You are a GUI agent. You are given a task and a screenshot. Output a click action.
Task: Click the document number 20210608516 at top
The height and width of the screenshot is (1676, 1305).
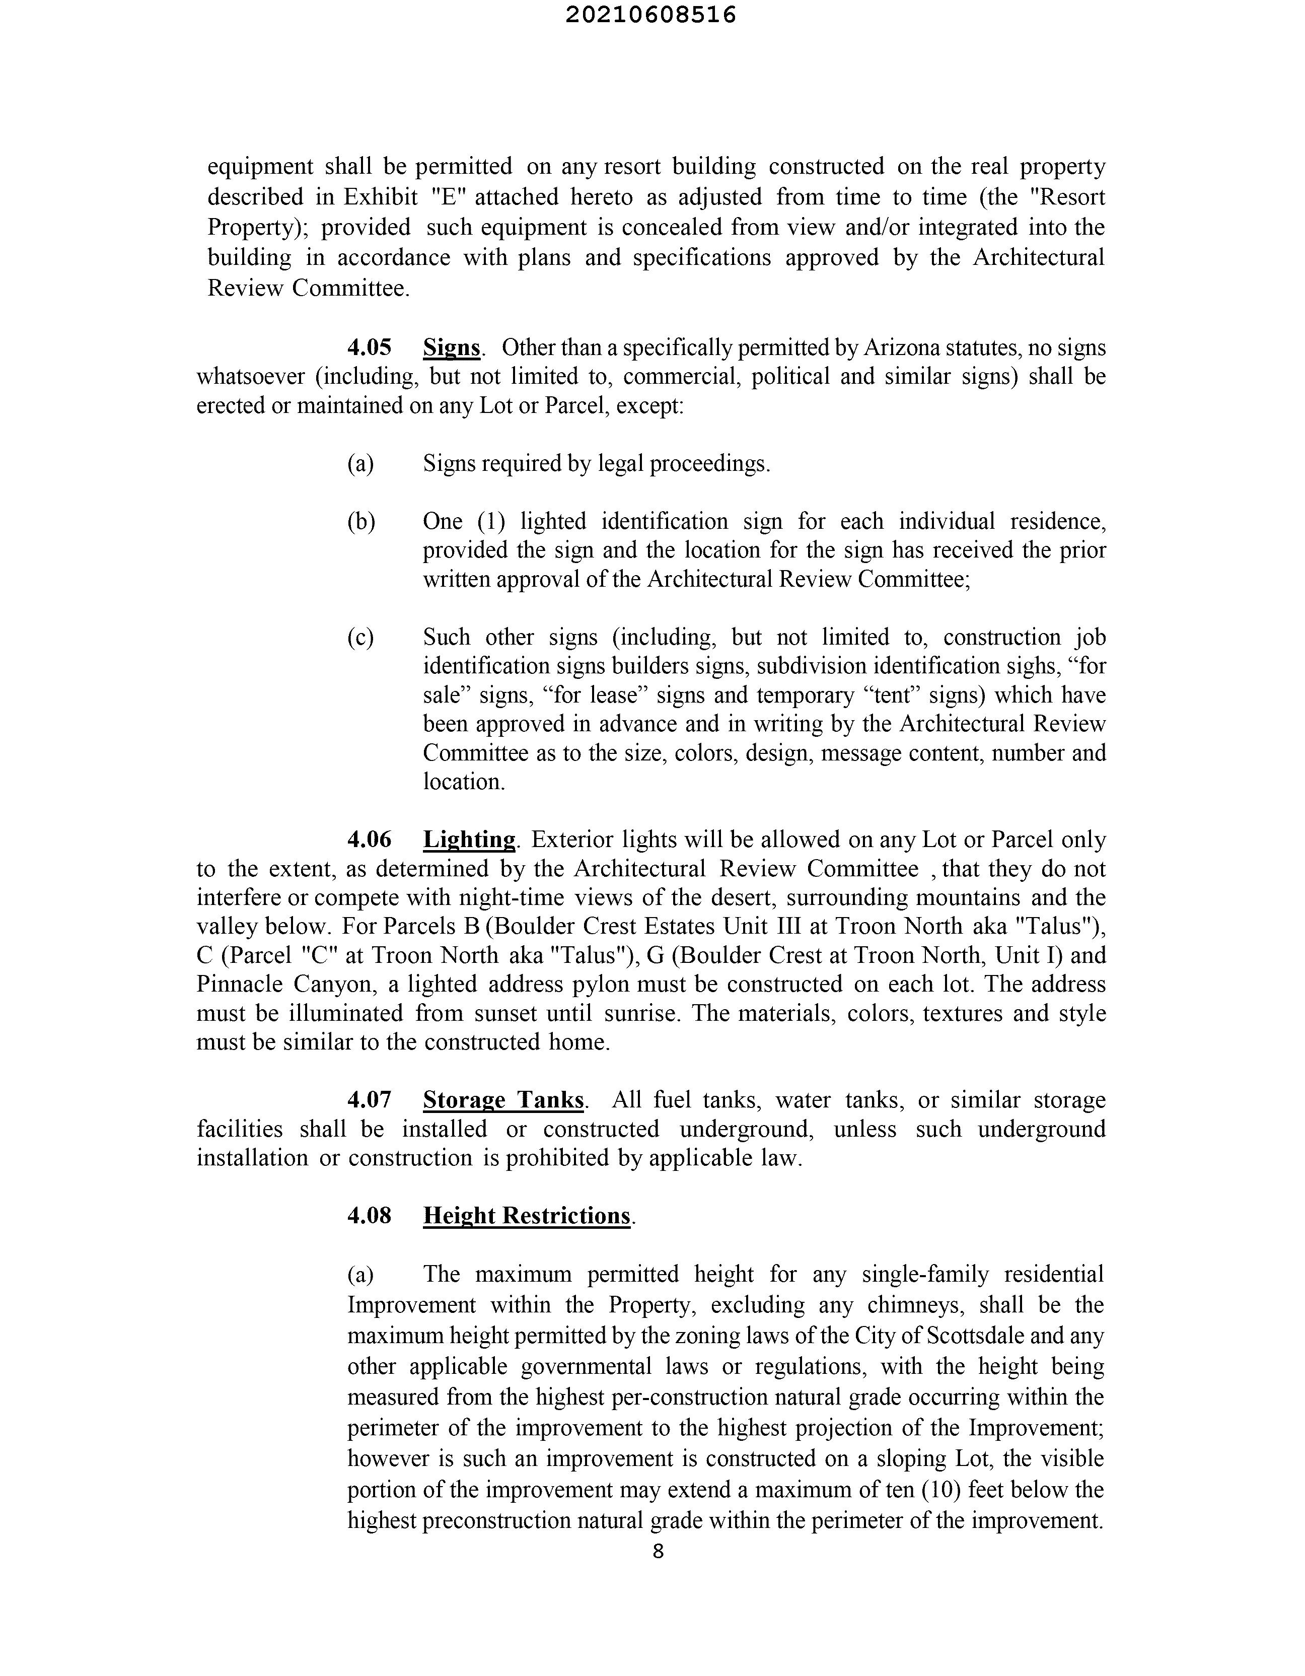[650, 15]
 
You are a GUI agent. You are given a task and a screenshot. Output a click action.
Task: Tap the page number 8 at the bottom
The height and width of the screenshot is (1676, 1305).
[658, 1551]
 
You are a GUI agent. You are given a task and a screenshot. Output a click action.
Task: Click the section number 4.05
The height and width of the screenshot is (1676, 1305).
[369, 347]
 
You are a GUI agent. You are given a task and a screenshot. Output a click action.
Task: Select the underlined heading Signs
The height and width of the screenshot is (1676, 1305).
[451, 347]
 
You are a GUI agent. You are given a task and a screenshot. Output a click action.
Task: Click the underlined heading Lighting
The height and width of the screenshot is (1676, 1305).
[469, 840]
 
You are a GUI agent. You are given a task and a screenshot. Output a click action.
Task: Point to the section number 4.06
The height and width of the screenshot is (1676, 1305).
[369, 840]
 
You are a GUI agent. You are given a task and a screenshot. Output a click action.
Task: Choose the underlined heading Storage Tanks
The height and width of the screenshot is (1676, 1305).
[503, 1100]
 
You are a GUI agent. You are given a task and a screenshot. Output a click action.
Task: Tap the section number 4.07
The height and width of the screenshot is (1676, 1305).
[369, 1100]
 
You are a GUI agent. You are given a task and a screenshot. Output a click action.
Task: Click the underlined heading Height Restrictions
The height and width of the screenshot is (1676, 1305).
[526, 1216]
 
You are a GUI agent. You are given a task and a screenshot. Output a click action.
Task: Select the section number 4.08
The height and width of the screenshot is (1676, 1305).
[369, 1216]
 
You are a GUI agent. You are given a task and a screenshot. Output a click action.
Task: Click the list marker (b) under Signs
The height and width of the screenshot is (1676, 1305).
[360, 522]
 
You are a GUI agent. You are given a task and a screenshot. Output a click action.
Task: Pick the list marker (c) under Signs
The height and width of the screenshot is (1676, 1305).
[360, 638]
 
